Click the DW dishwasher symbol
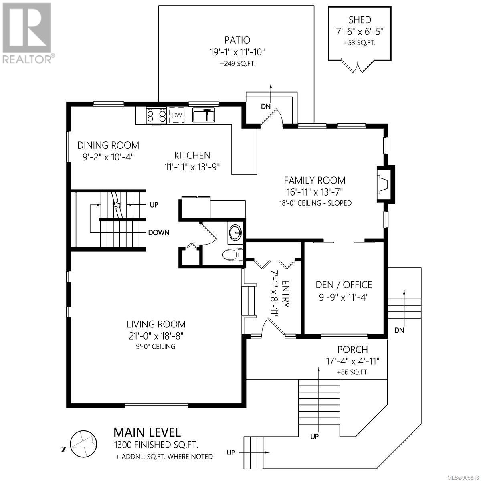click(x=177, y=115)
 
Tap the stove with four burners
click(x=156, y=115)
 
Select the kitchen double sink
click(x=204, y=115)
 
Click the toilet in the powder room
click(x=232, y=255)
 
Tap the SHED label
click(x=360, y=20)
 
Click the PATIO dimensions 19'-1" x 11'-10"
click(x=237, y=52)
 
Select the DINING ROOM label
click(x=108, y=145)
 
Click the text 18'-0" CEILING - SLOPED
click(x=315, y=203)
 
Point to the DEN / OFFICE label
click(x=344, y=285)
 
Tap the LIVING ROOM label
click(x=156, y=324)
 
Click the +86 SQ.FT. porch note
click(x=352, y=372)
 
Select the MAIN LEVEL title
click(x=147, y=432)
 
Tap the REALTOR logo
click(x=28, y=33)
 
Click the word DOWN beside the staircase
click(x=159, y=232)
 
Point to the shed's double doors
click(x=358, y=66)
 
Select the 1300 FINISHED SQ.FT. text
click(x=156, y=445)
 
